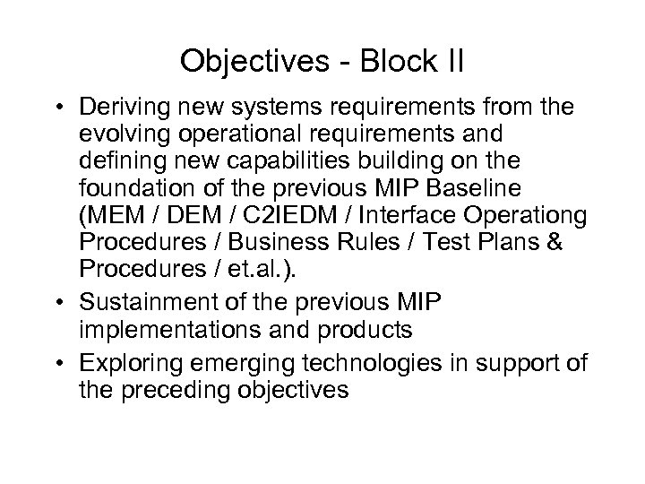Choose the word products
point(366,329)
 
